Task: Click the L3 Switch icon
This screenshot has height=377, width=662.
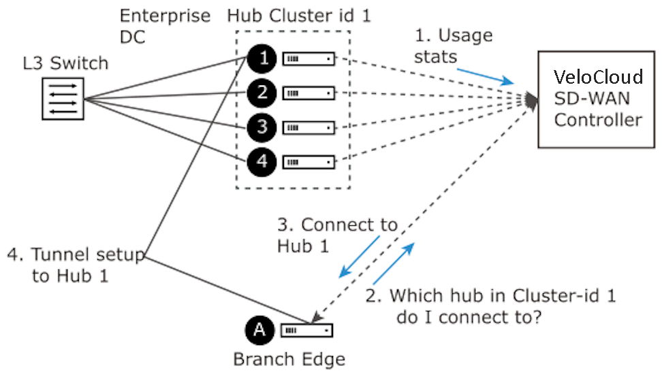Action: coord(63,99)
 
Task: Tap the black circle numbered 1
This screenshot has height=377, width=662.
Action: coord(262,59)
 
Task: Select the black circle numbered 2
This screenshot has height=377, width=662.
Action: coord(262,93)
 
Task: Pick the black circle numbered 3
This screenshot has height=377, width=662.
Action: coord(262,127)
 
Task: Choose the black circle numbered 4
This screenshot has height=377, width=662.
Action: coord(262,162)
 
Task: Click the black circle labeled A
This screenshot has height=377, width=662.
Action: coord(259,330)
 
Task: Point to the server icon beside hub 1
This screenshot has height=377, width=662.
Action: coord(309,59)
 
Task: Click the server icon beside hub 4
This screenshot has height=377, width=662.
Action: coord(309,163)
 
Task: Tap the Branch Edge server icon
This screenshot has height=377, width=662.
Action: coord(307,331)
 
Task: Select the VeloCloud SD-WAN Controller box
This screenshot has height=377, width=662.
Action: coord(596,99)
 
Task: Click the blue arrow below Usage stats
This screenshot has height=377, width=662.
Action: coord(486,77)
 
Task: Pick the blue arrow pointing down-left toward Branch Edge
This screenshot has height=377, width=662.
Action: coord(360,257)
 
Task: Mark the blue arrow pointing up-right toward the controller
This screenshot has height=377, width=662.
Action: coord(394,263)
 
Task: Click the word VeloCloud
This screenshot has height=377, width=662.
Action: coord(598,77)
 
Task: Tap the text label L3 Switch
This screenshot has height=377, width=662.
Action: coord(65,63)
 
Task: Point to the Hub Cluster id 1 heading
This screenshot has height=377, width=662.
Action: coord(299,16)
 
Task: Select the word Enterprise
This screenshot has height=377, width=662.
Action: coord(165,16)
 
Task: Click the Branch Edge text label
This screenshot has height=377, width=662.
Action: coord(289,360)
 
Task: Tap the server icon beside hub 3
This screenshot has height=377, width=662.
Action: coord(309,128)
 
